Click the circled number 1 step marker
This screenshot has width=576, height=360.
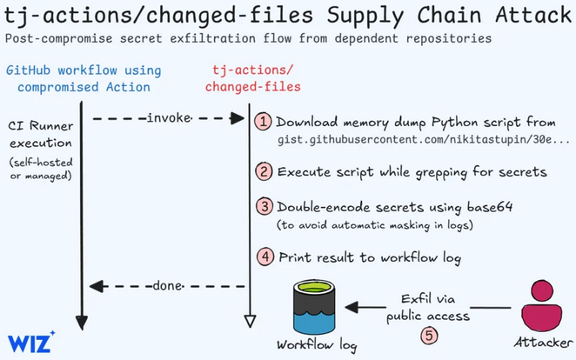coord(264,122)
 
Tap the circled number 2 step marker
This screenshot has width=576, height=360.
coord(264,171)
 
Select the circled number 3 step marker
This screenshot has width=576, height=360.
coord(264,207)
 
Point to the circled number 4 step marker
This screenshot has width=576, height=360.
coord(264,257)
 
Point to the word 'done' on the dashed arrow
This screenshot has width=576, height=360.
coord(167,286)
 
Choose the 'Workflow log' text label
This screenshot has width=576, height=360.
coord(316,345)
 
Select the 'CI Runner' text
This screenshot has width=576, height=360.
coord(35,126)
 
